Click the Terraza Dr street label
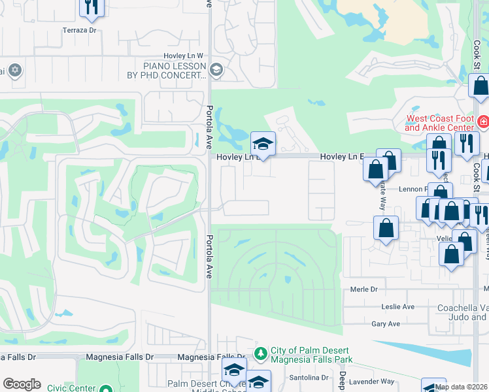tap(79, 30)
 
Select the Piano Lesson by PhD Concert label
tap(175, 71)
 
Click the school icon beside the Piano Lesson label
tap(216, 70)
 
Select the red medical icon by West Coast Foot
tap(483, 122)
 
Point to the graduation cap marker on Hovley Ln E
tap(263, 144)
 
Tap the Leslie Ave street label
tap(398, 306)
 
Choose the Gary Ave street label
tap(385, 324)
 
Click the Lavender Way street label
tap(371, 381)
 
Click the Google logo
tap(22, 384)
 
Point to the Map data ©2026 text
tap(461, 387)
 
